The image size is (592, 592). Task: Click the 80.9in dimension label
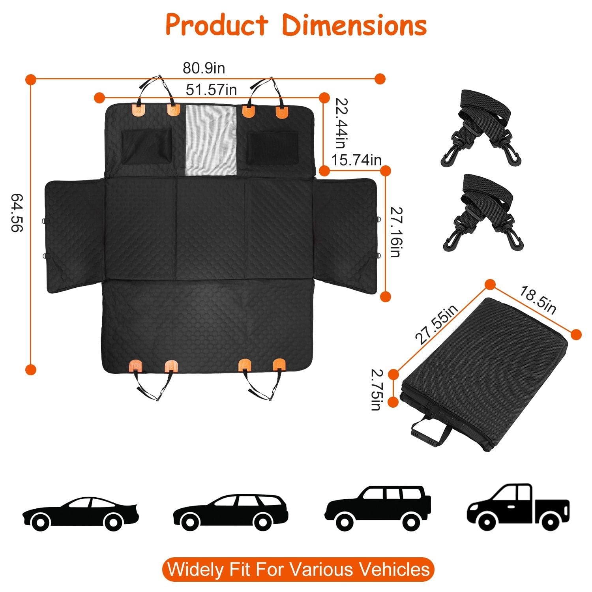(204, 68)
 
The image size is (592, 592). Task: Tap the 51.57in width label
(211, 90)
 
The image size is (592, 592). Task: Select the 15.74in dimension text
(356, 160)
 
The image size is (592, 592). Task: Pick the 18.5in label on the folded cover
(538, 301)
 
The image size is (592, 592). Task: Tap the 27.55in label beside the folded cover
(437, 324)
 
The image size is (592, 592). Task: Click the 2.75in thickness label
(376, 390)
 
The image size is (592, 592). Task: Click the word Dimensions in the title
(354, 25)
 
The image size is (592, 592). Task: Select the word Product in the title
(216, 25)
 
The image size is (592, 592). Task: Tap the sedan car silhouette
(80, 512)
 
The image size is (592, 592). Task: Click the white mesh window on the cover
(211, 140)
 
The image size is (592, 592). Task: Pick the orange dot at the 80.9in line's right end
(380, 79)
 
